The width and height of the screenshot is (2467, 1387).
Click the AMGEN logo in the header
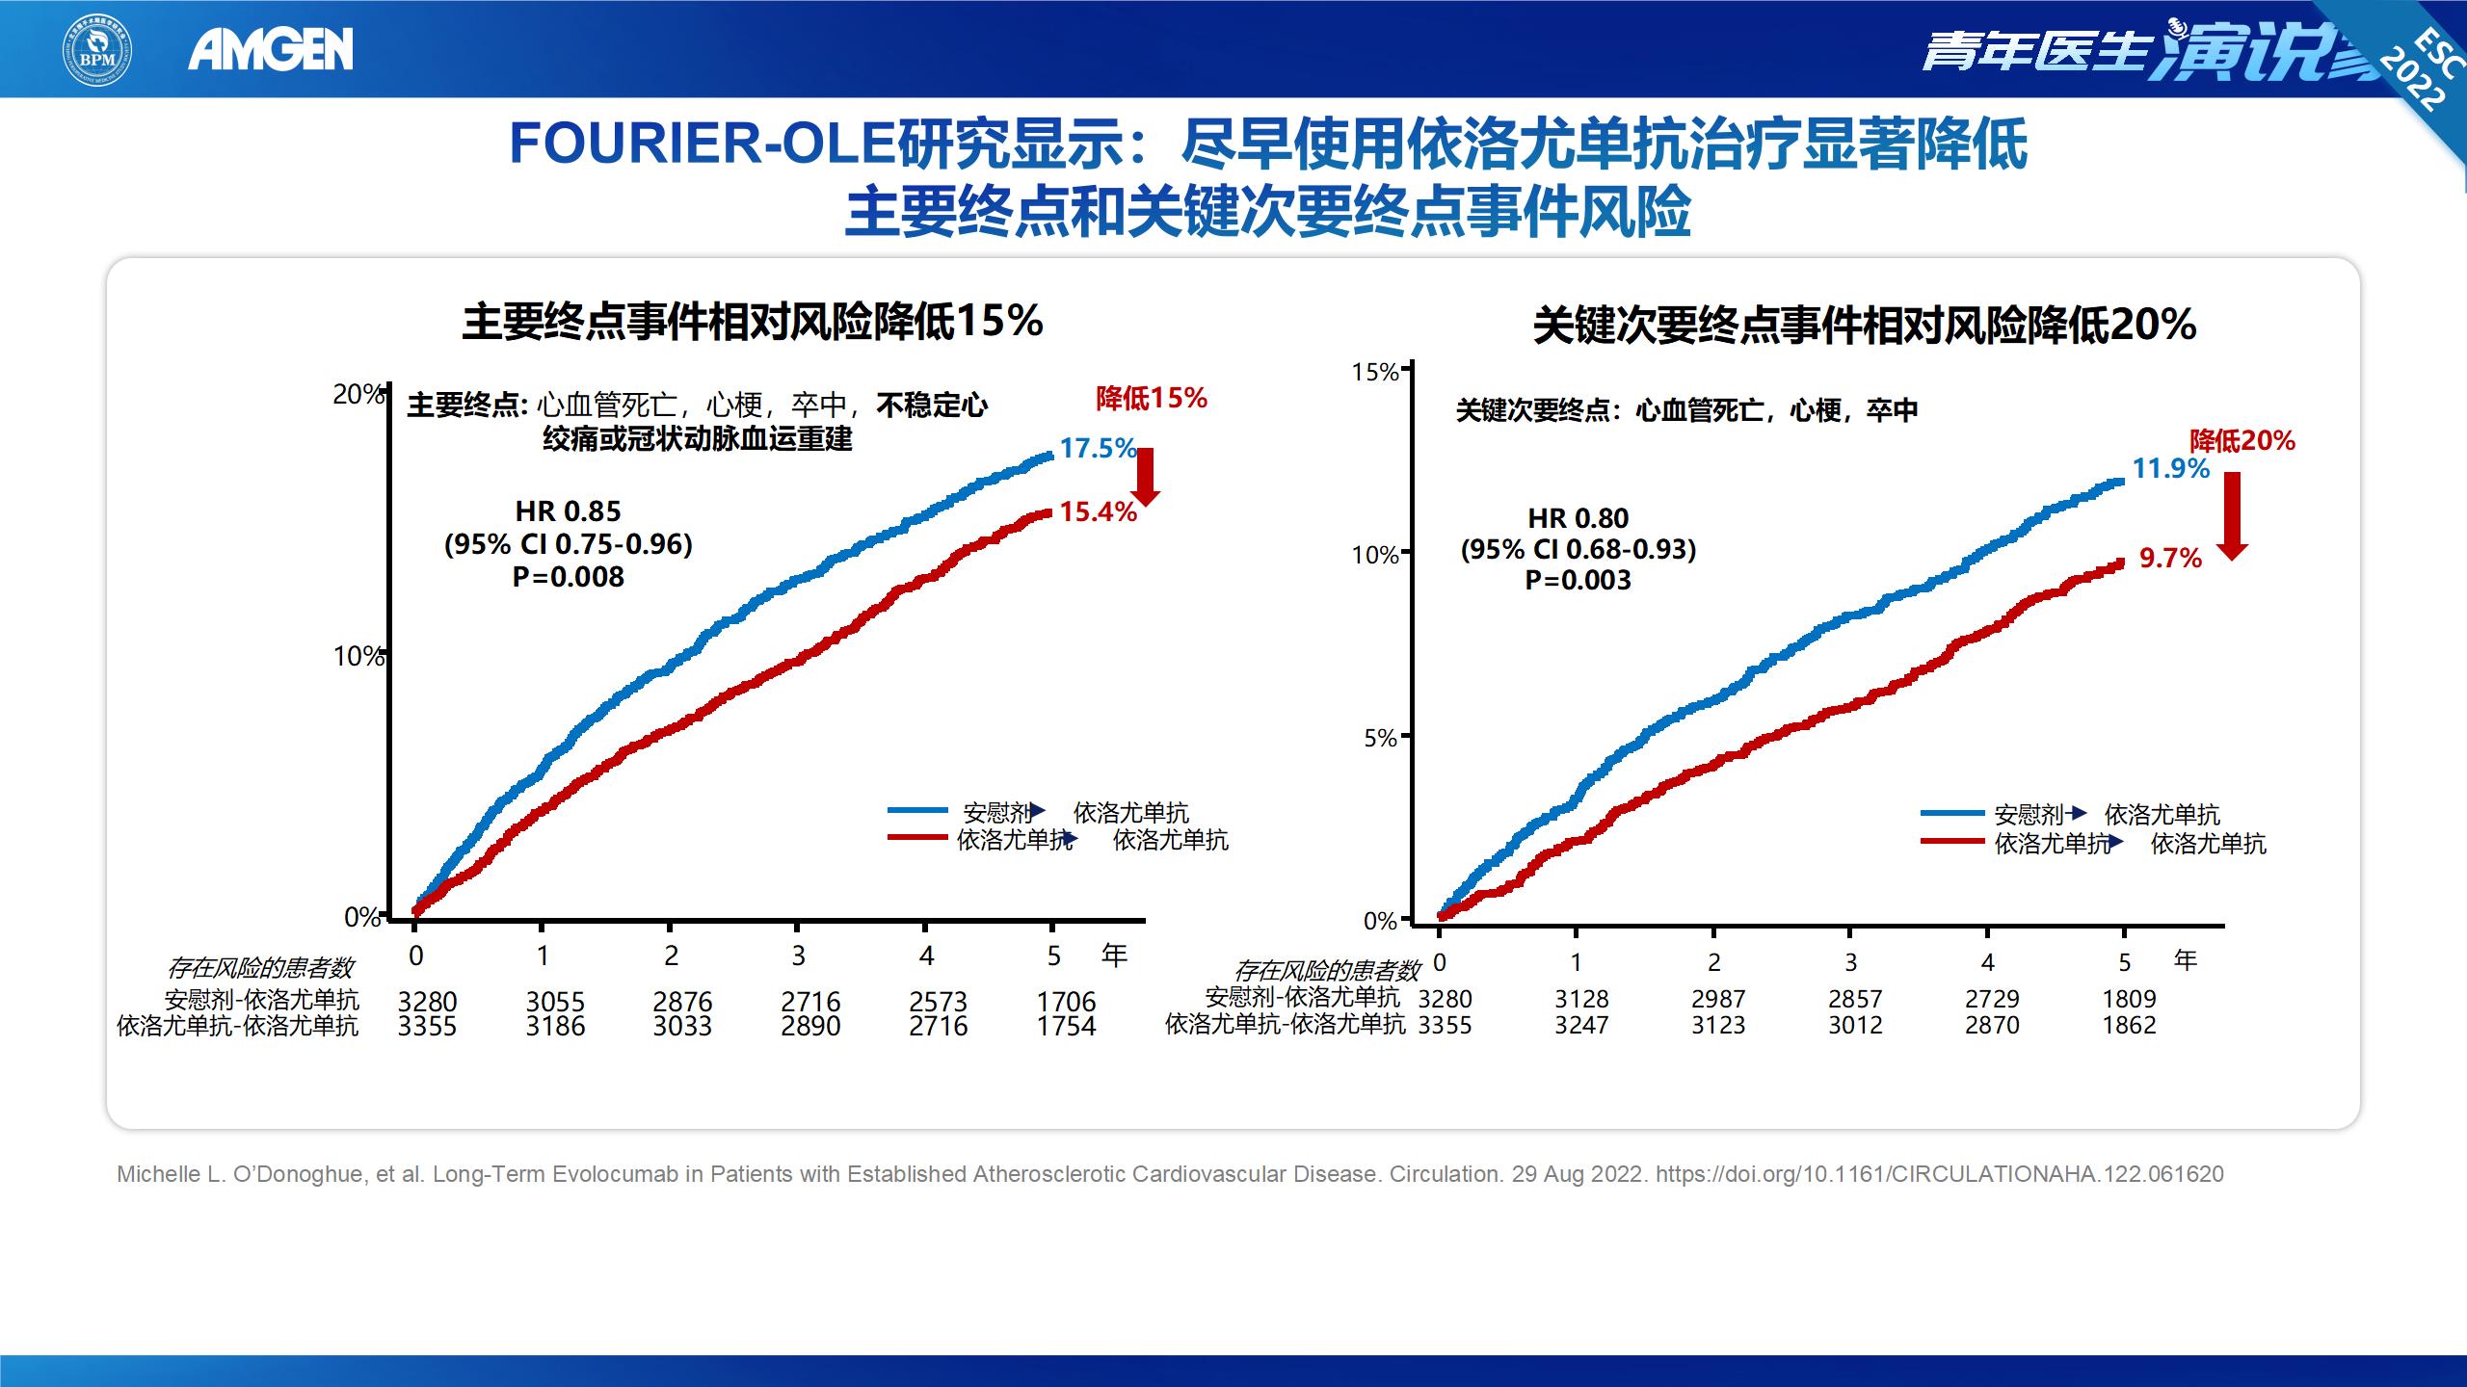[x=271, y=49]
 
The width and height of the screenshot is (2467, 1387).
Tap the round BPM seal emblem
[x=97, y=49]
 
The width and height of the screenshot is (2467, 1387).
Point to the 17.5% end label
[x=1098, y=448]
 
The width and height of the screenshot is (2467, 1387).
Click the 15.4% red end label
[x=1098, y=511]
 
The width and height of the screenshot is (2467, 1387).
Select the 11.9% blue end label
[x=2170, y=469]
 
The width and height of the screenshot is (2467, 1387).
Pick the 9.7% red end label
[x=2170, y=558]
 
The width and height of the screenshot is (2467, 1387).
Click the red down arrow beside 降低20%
[x=2232, y=515]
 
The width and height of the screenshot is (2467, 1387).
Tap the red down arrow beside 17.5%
[x=1146, y=476]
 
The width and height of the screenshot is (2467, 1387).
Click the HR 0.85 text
[x=568, y=511]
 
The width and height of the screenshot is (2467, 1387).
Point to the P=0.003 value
[x=1578, y=580]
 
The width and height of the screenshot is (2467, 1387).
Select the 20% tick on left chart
[x=358, y=394]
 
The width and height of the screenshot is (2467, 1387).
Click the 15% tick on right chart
[x=1375, y=372]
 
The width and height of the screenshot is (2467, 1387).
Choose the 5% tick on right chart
[x=1381, y=738]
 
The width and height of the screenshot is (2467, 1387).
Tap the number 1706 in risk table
[x=1066, y=1002]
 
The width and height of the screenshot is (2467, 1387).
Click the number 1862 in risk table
[x=2129, y=1025]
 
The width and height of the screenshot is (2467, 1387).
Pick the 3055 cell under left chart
[x=555, y=1002]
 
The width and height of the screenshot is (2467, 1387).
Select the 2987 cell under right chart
[x=1718, y=999]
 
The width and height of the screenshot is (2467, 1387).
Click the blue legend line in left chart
[x=917, y=811]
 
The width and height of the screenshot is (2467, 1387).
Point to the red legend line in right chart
[x=1952, y=842]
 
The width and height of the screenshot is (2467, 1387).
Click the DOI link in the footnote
[x=1939, y=1174]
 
